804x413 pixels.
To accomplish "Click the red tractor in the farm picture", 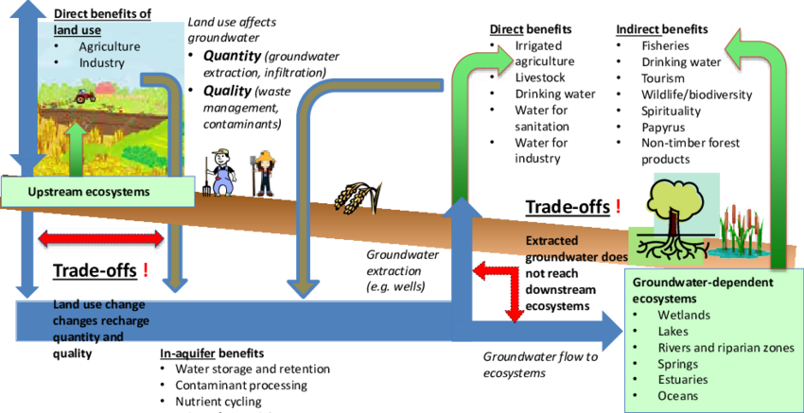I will click(x=85, y=95).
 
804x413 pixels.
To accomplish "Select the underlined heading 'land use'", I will click(x=77, y=29).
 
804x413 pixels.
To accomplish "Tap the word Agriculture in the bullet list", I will click(x=110, y=46).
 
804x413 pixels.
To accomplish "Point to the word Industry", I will click(x=101, y=62).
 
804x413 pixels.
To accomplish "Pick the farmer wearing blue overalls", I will click(x=221, y=173).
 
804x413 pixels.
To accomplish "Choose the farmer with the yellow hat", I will click(x=264, y=173).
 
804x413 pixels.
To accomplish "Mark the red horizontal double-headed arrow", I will click(x=101, y=239).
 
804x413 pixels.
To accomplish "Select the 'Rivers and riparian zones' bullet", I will click(x=725, y=348).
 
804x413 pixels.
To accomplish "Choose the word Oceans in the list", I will click(x=679, y=396).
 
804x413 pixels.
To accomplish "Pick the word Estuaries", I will click(x=683, y=380).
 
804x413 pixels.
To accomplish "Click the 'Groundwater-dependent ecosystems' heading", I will click(x=703, y=290).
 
